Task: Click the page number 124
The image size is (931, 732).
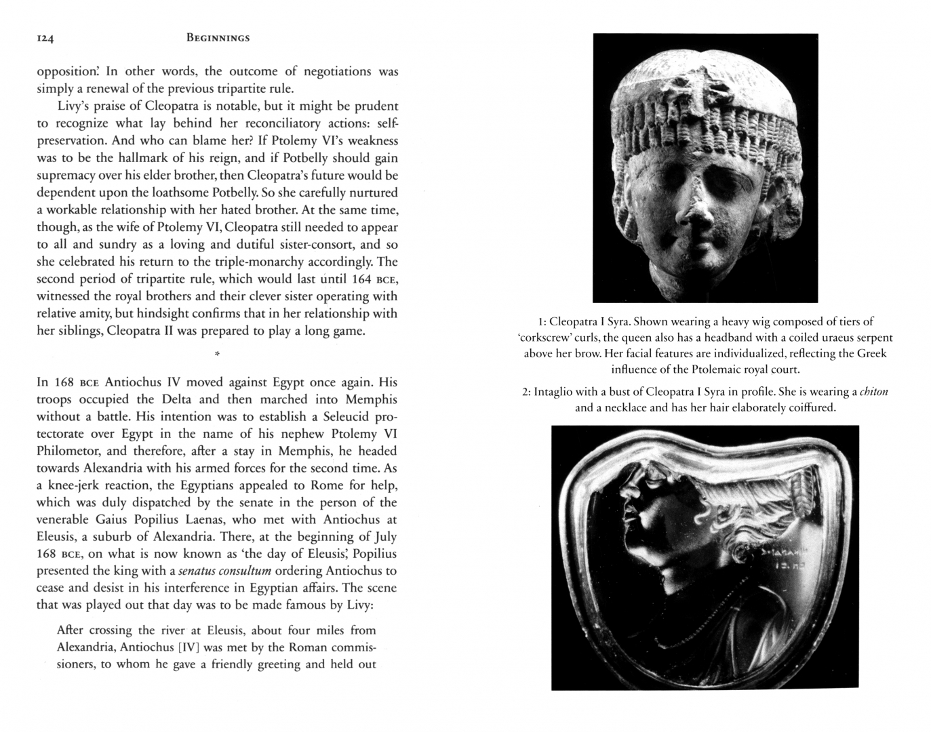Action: click(45, 39)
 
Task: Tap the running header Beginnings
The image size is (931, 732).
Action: click(218, 38)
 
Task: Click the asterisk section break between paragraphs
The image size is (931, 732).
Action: click(217, 354)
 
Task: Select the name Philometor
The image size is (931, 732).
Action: click(68, 451)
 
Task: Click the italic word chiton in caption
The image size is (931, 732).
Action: click(873, 392)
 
